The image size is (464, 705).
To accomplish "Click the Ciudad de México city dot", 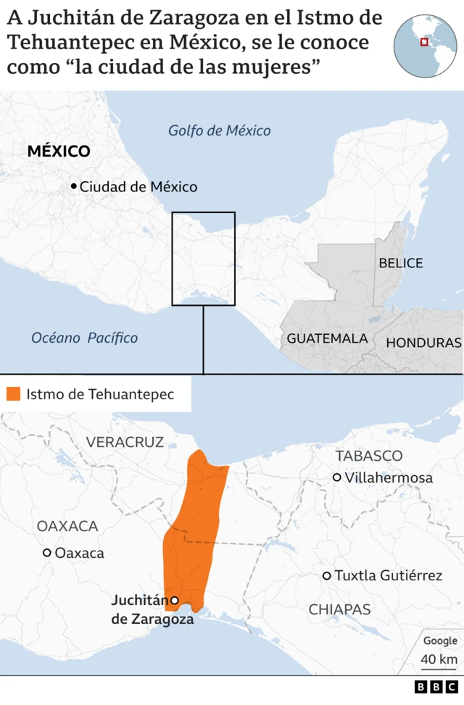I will point(73,187).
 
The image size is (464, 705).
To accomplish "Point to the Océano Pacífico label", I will point(84,338).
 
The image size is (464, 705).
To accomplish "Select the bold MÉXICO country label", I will point(59,151).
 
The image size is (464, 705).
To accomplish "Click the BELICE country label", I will point(400,263).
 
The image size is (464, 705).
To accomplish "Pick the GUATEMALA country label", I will point(327,338).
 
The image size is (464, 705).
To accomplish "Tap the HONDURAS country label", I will point(423,343).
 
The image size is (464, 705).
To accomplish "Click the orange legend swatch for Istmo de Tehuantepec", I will point(13,395).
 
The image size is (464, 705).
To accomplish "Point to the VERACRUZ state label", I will point(125,442).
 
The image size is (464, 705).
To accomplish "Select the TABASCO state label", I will point(368,456).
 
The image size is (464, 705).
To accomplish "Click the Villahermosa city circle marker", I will point(337,477).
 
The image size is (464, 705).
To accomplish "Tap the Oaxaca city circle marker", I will point(47,553).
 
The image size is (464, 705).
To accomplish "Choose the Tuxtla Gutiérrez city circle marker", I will point(327,576).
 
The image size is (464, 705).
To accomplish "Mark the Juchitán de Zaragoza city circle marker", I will point(174,600).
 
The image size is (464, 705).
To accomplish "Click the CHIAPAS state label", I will point(339,609).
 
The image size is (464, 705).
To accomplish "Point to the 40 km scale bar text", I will point(439,659).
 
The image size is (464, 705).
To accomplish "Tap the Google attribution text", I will point(440,641).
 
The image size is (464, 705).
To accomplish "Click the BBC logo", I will point(436,687).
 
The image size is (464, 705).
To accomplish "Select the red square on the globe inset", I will point(424,42).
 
